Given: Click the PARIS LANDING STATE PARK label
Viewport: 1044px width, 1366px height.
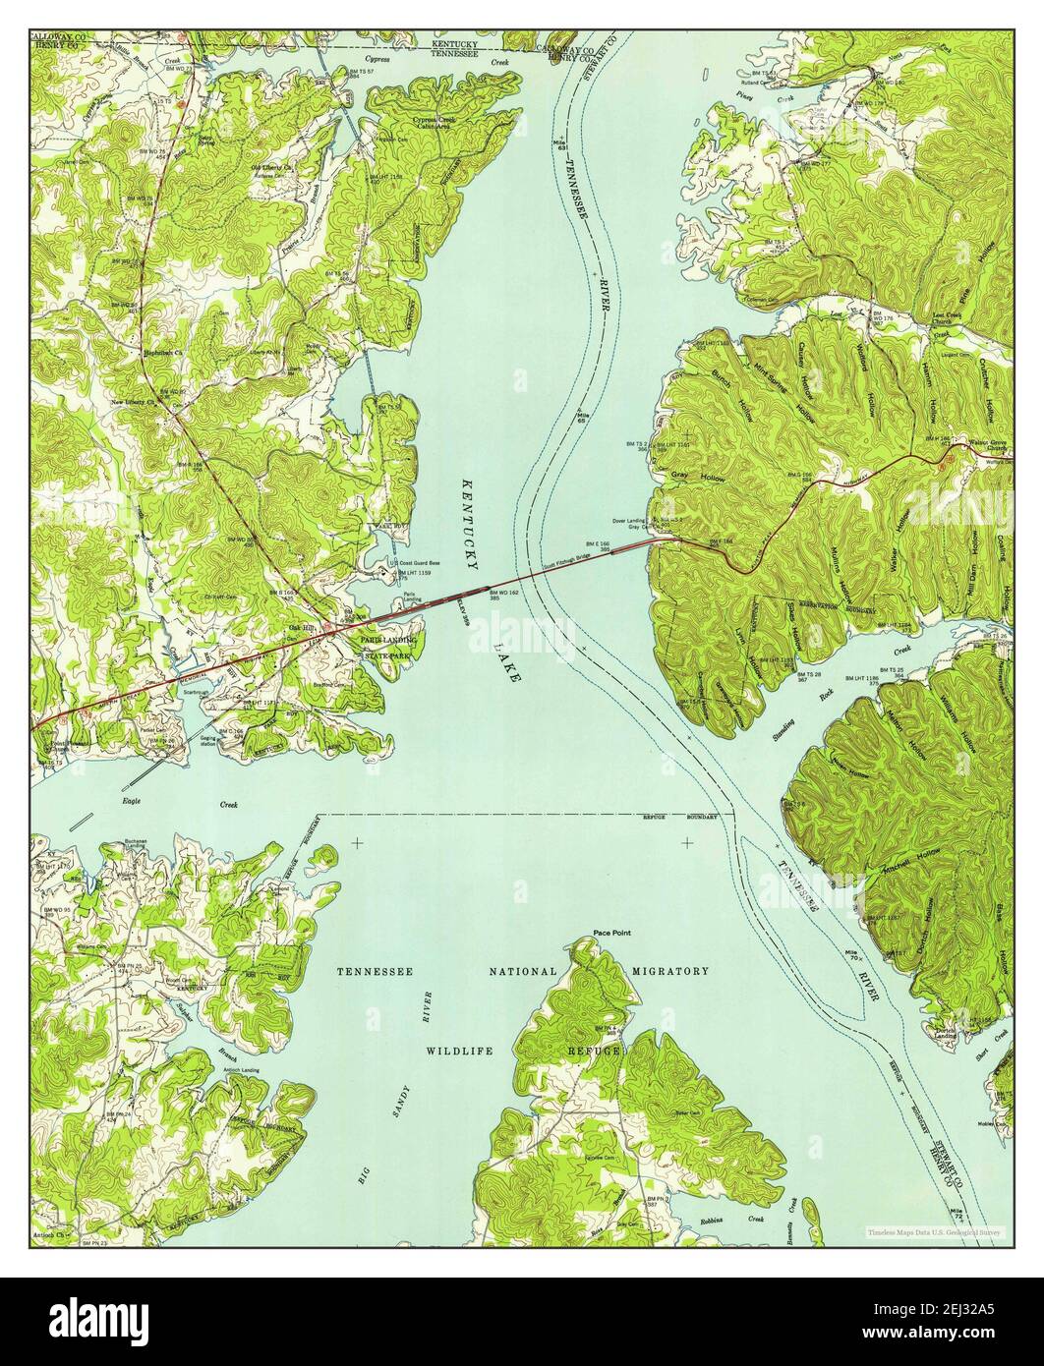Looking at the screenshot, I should tap(389, 647).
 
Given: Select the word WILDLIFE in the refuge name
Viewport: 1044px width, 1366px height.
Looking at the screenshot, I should tap(458, 1051).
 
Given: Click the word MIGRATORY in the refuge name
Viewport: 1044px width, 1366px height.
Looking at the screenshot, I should tap(671, 971).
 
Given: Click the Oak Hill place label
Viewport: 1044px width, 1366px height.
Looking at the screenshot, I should tap(299, 628).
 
